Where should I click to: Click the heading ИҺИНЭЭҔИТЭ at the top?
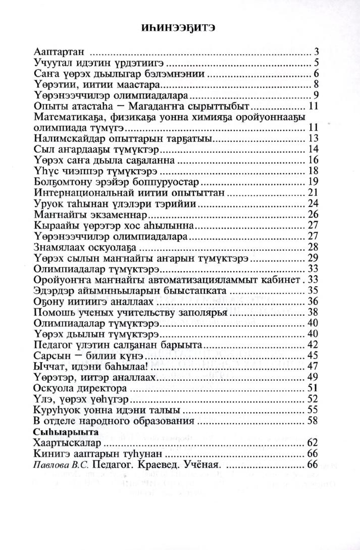tap(179, 28)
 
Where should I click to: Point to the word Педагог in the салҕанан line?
tap(55, 344)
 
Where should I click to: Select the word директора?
tap(104, 388)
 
